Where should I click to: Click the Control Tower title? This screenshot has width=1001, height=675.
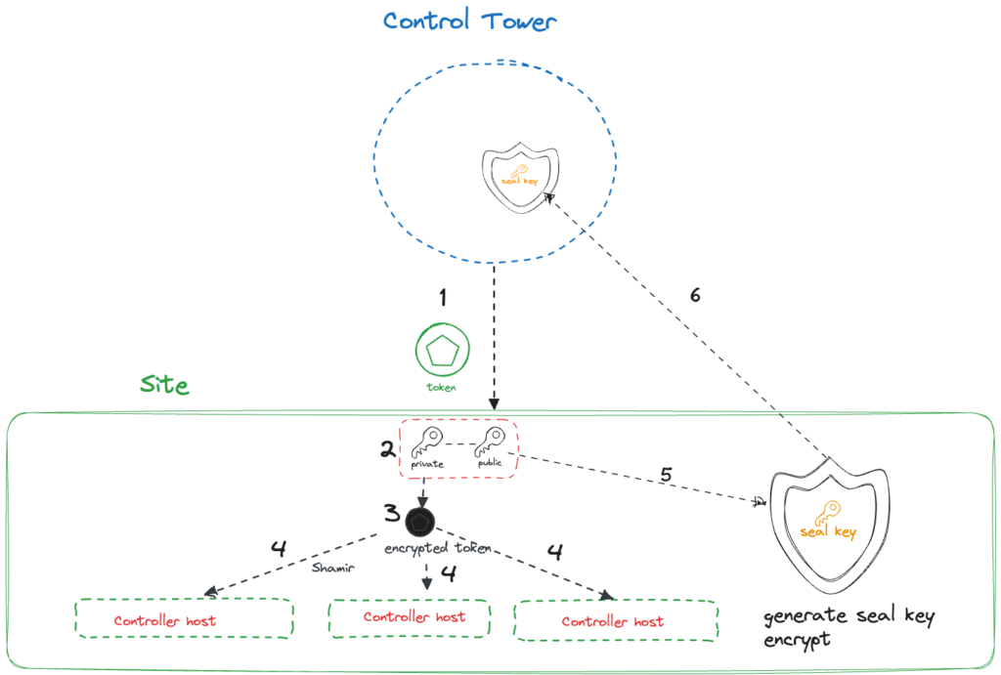click(x=470, y=21)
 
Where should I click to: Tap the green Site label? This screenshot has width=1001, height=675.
click(x=164, y=384)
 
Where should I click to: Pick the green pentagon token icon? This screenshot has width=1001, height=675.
click(x=442, y=352)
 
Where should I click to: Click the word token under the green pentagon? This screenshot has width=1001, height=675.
click(x=442, y=388)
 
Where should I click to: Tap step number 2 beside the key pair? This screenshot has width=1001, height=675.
click(x=388, y=449)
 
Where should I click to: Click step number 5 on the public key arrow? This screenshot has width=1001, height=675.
click(x=666, y=476)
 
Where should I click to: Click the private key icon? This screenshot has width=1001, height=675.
click(x=428, y=444)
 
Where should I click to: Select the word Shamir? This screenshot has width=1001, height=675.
click(x=331, y=567)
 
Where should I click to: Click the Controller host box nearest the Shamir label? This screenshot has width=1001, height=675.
click(x=185, y=619)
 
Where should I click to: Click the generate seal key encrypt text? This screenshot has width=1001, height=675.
click(x=849, y=629)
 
